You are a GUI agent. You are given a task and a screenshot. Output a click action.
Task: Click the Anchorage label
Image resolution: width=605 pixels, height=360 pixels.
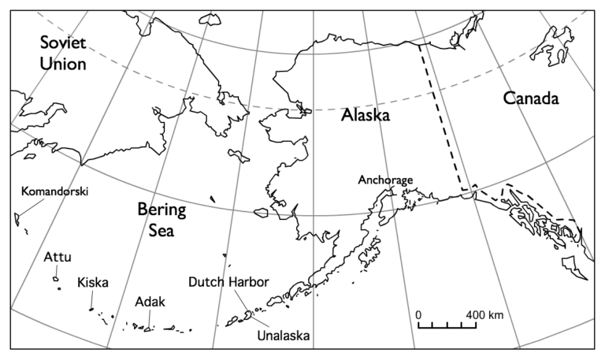click(x=385, y=180)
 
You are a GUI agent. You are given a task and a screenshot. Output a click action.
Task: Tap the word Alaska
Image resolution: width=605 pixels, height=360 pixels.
click(x=366, y=115)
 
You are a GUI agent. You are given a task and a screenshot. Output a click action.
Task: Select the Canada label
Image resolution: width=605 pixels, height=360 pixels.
click(x=530, y=98)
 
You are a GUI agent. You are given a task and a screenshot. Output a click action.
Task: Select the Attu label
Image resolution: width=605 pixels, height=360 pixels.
click(x=57, y=257)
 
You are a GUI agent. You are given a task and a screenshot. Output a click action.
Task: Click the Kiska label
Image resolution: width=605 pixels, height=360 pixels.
click(x=92, y=283)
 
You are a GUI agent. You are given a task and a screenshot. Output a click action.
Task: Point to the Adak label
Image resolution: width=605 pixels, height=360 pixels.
click(x=149, y=302)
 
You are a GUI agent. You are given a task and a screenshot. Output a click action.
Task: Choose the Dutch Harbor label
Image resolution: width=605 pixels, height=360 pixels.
click(x=228, y=282)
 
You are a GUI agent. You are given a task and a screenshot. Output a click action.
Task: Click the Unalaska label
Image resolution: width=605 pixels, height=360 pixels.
click(x=284, y=336)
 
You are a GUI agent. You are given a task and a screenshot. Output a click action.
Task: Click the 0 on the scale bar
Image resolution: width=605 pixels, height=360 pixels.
click(x=418, y=314)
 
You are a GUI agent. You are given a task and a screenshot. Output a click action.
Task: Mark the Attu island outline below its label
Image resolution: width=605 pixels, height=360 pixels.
click(x=57, y=277)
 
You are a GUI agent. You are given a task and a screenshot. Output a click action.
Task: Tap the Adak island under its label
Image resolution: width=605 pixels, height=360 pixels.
click(x=147, y=328)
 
